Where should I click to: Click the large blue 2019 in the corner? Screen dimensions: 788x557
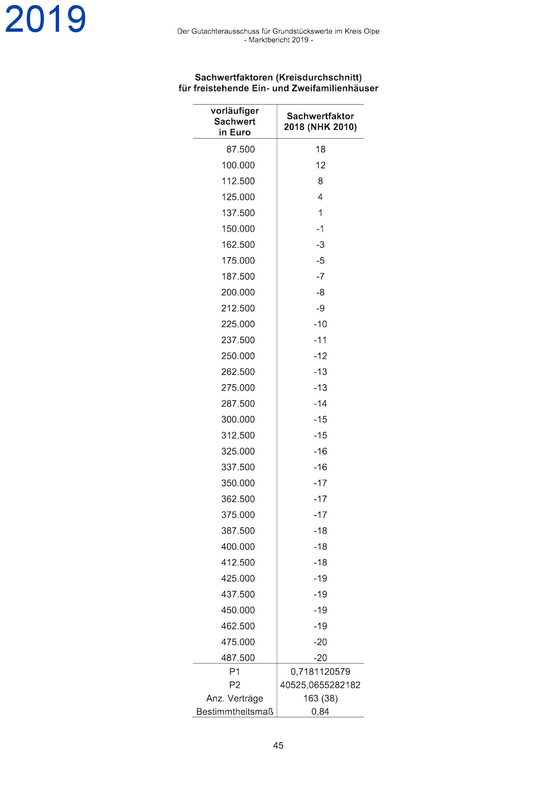(x=45, y=19)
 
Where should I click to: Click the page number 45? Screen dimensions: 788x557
(x=278, y=745)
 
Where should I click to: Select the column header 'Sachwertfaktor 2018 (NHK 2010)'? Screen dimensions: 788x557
(x=320, y=121)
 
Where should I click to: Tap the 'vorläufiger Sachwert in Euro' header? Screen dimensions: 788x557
(x=234, y=121)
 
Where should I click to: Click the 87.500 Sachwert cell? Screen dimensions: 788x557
(x=241, y=149)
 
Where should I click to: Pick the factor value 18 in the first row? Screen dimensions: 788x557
(x=320, y=149)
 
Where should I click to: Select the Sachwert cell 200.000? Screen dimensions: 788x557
(x=238, y=292)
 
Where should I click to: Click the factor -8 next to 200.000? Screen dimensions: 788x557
(x=320, y=292)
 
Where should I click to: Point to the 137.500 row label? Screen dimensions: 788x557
(x=238, y=213)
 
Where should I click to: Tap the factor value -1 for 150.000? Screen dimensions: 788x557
(x=320, y=229)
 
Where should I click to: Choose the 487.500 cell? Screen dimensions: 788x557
(x=238, y=658)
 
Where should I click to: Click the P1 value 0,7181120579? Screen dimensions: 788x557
(x=320, y=672)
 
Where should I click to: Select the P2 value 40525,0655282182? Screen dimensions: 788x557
(x=320, y=685)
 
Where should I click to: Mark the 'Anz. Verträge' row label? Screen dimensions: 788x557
(x=234, y=698)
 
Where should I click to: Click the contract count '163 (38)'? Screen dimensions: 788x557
(x=320, y=698)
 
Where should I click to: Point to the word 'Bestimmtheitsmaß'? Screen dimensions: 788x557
(x=234, y=712)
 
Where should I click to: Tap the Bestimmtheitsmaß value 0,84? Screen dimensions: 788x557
(x=320, y=712)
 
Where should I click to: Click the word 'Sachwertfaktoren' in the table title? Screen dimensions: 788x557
(x=234, y=77)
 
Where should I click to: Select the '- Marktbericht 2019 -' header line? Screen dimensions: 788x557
(x=278, y=40)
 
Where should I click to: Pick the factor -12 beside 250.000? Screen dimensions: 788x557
(x=320, y=356)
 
